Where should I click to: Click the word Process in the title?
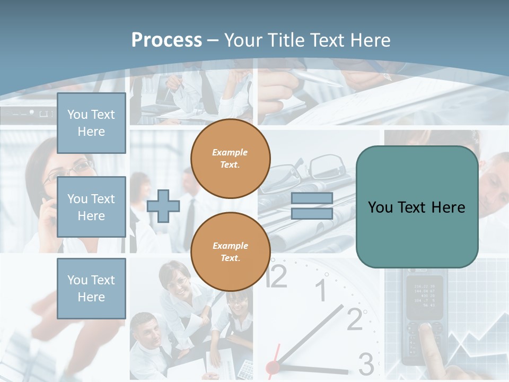[166, 40]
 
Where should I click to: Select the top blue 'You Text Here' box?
[91, 123]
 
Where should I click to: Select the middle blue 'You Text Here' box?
[91, 207]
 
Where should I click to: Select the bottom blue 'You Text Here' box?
[91, 288]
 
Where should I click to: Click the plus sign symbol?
[163, 206]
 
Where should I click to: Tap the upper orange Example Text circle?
[231, 159]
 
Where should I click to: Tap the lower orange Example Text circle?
[231, 251]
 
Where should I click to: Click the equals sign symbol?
[312, 206]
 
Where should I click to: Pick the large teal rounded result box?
[417, 207]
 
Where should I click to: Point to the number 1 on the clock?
[321, 291]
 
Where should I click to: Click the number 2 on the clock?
[355, 318]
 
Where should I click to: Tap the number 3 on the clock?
[366, 364]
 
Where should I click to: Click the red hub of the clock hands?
[273, 367]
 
